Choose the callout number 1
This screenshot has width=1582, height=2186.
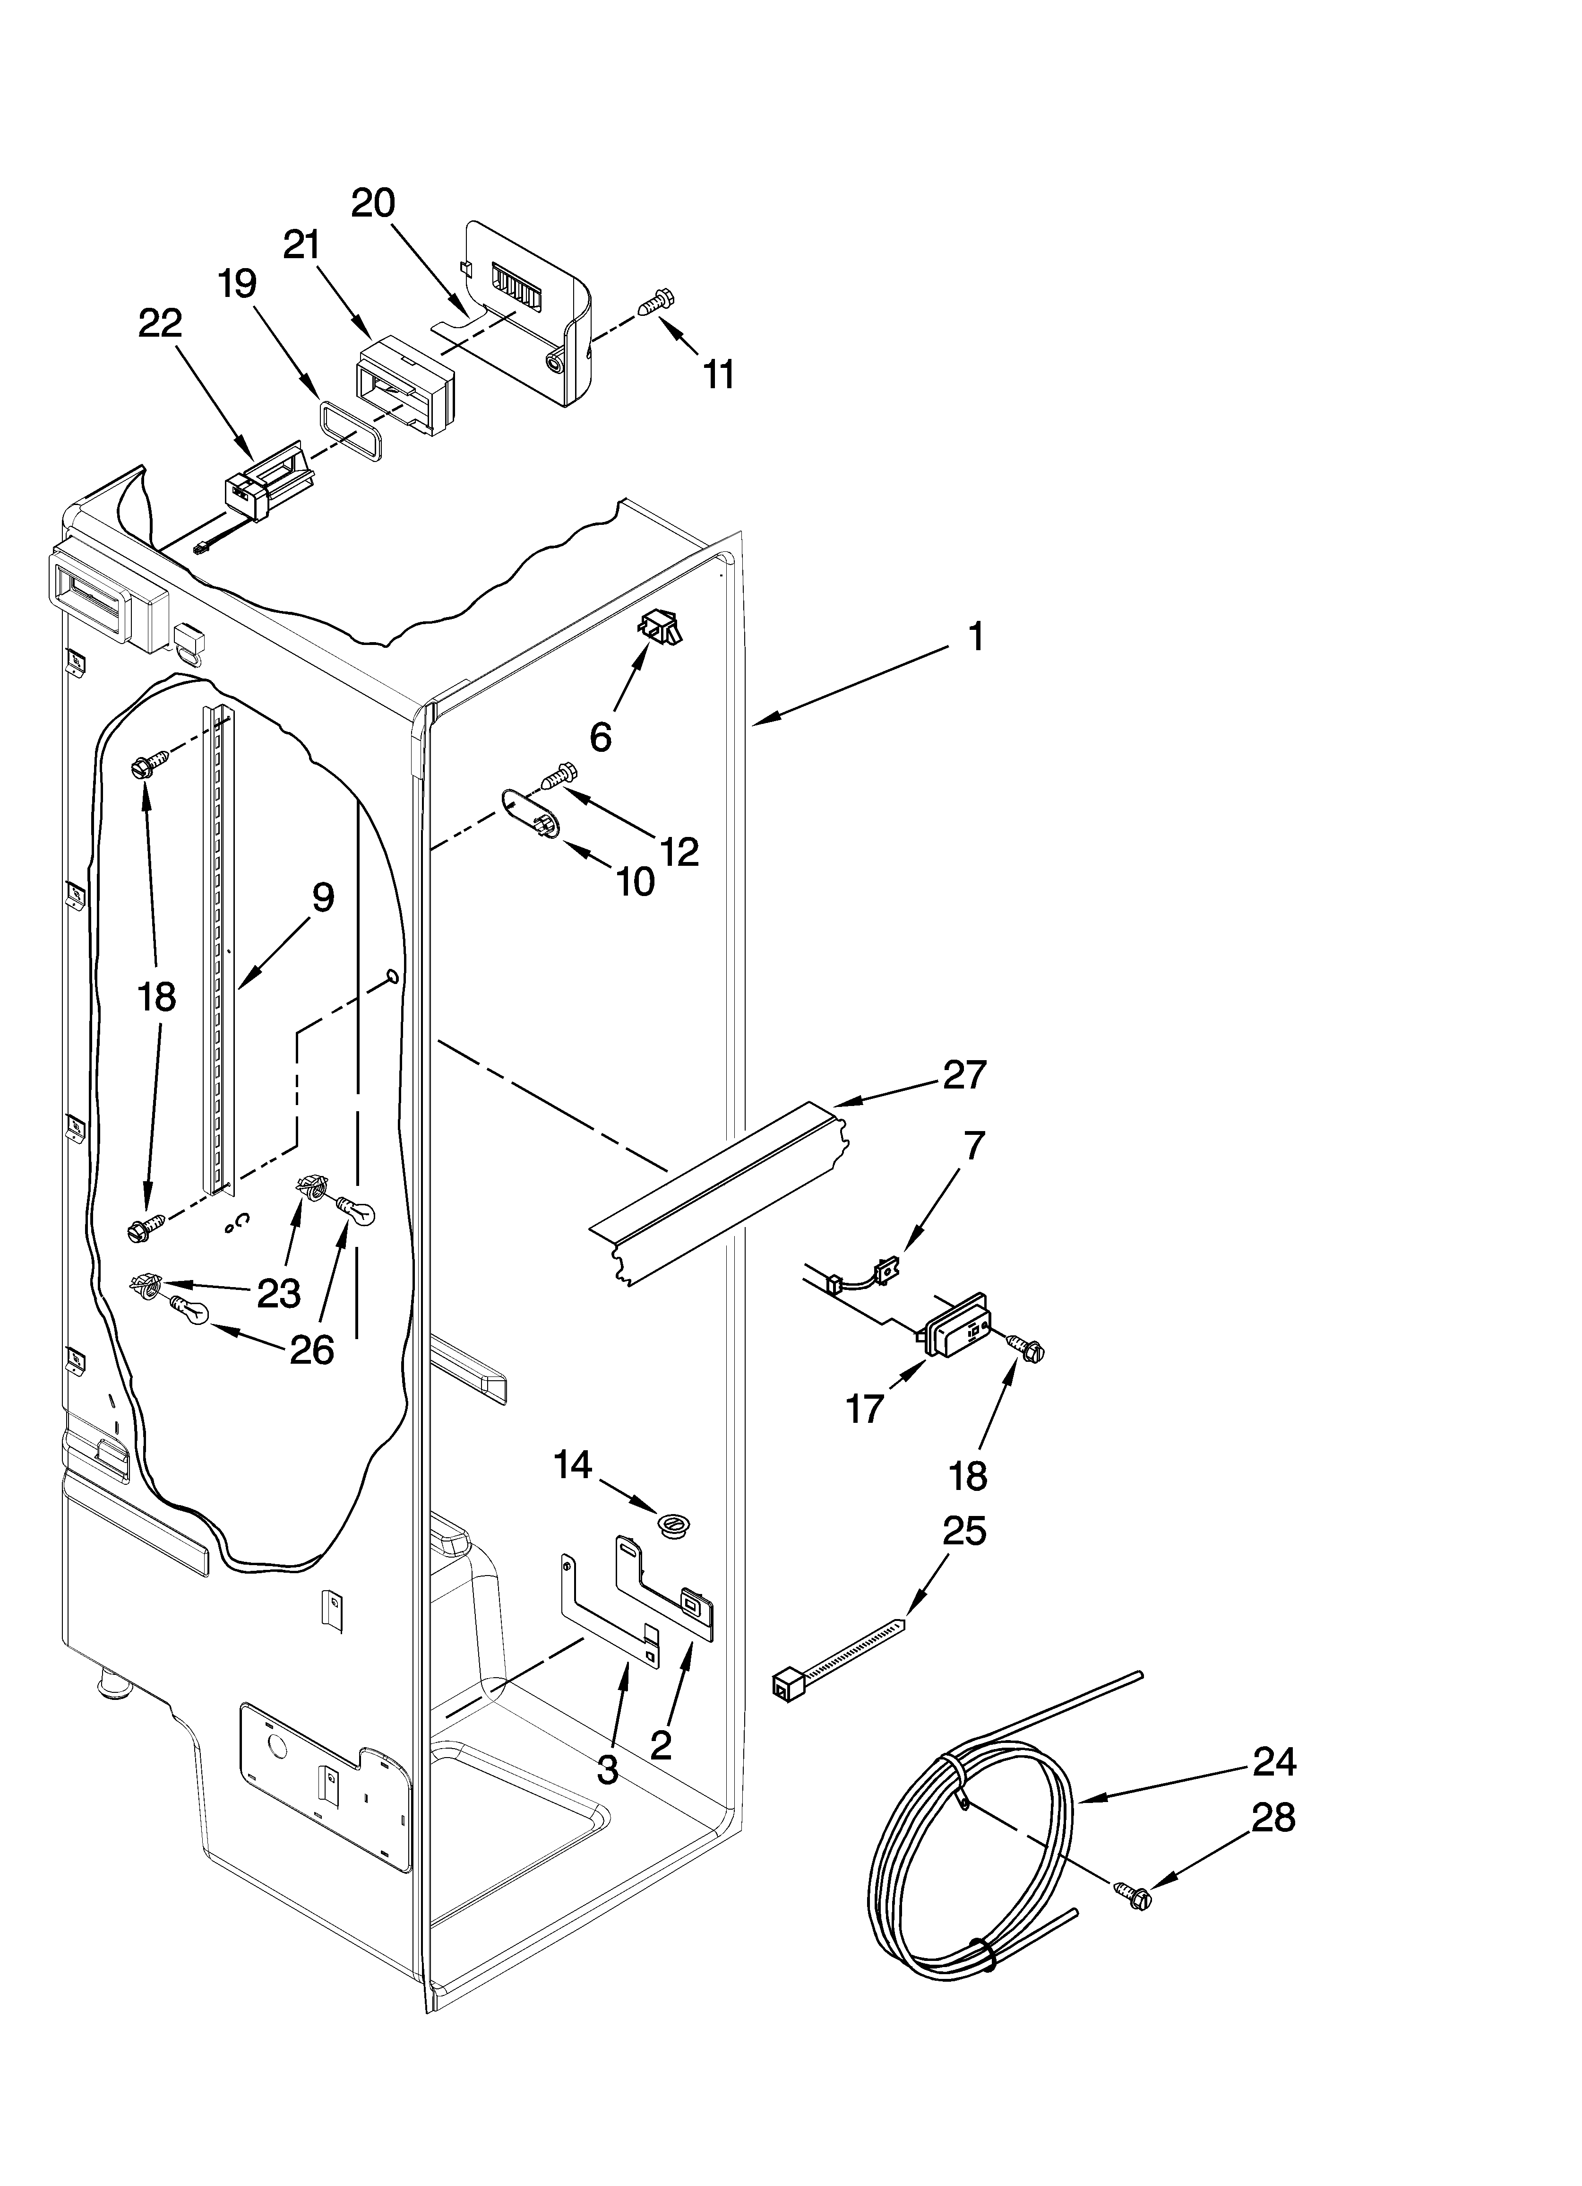pos(975,637)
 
